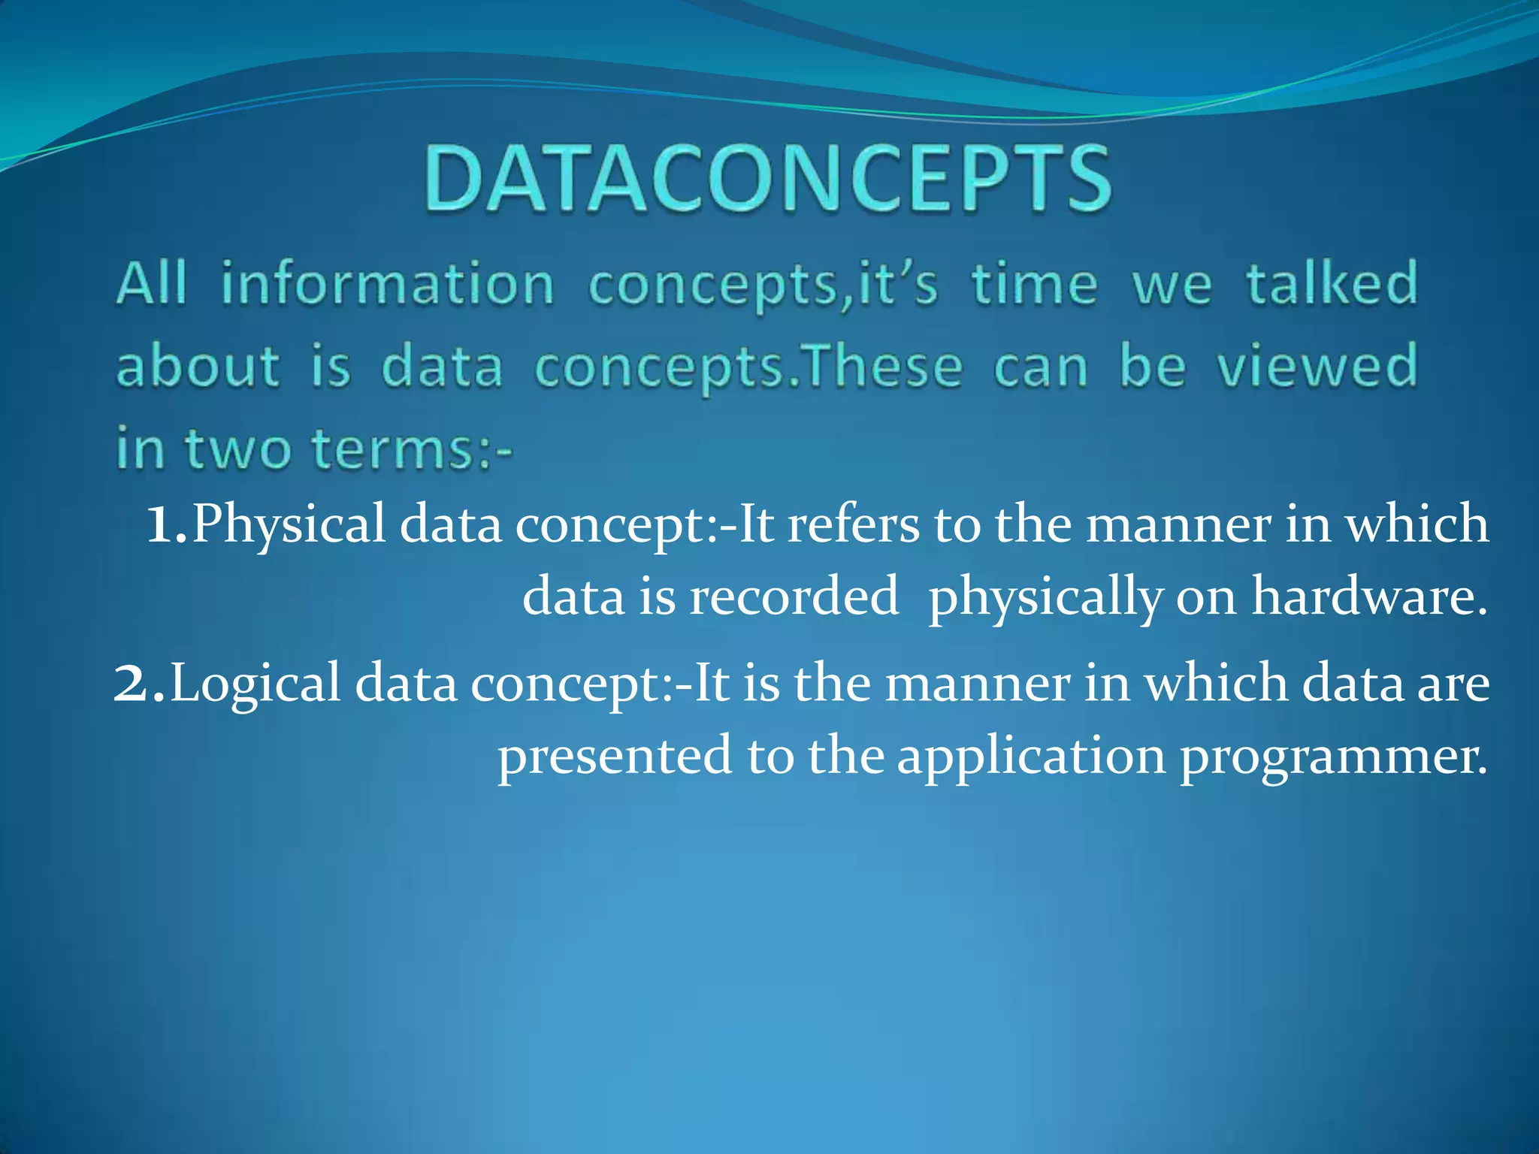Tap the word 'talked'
point(1332,284)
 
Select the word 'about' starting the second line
point(198,367)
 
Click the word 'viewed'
point(1317,367)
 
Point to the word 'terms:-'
point(412,449)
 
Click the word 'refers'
point(853,524)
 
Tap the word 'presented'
point(615,756)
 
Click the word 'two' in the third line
point(239,449)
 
